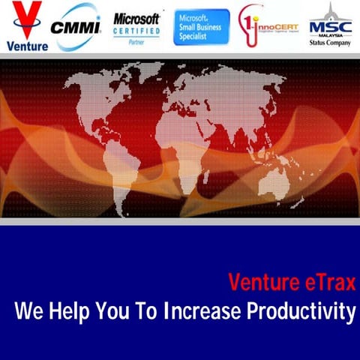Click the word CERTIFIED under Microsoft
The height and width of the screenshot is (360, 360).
(x=136, y=31)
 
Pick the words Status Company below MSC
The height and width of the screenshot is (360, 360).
(x=329, y=43)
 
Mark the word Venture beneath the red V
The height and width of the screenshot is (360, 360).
(x=26, y=45)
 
